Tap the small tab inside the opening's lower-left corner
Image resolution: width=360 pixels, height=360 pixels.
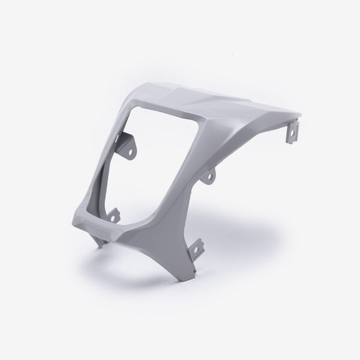click(x=115, y=213)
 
